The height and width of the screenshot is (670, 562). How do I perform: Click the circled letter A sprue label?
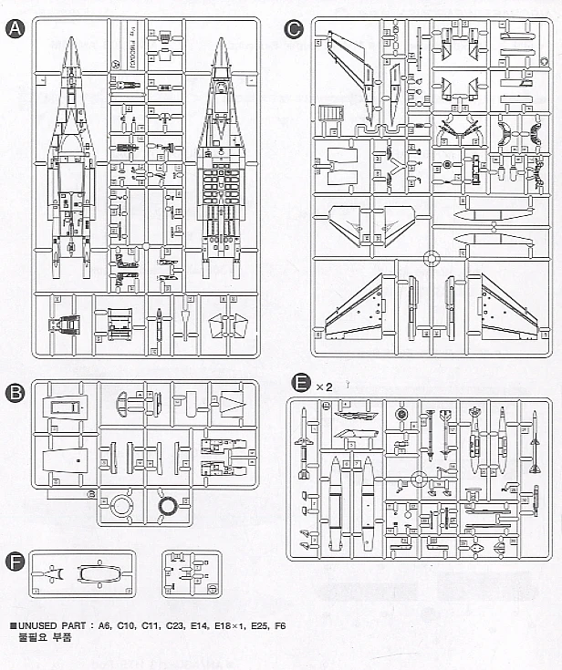tap(15, 28)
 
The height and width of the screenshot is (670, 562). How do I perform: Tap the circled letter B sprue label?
tap(15, 394)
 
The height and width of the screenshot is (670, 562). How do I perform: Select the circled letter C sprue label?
tap(293, 28)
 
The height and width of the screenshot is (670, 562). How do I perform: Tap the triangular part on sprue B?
tap(232, 406)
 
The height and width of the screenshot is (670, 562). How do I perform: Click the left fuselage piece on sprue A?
tap(70, 155)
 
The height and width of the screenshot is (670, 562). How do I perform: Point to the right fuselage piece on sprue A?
tap(221, 155)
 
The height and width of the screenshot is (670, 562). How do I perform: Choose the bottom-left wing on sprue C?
tap(356, 308)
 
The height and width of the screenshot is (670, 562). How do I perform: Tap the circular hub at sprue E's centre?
tap(419, 479)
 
